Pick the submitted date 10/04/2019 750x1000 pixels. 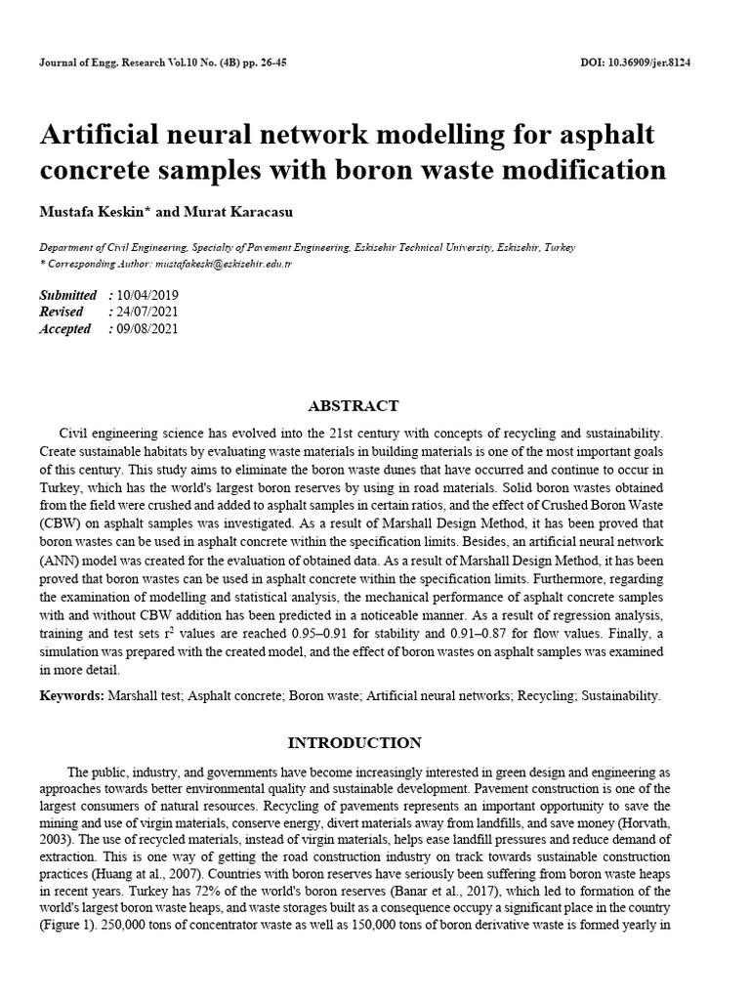[x=147, y=295]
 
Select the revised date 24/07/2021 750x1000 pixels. [x=147, y=312]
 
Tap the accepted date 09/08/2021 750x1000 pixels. [x=147, y=329]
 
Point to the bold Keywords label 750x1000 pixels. [x=71, y=696]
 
